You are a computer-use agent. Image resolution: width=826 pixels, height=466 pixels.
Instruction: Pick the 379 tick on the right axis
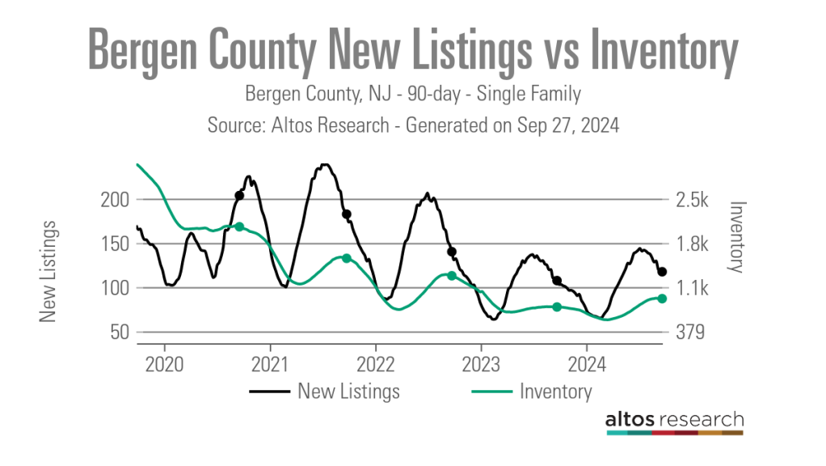coord(689,333)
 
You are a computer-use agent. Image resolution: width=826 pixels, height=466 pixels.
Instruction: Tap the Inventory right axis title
coord(736,237)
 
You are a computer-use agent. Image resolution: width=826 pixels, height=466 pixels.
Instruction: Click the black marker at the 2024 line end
coord(662,272)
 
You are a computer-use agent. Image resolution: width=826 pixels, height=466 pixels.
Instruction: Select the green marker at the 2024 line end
coord(662,299)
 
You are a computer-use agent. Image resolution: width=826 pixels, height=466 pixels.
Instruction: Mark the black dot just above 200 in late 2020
coord(239,196)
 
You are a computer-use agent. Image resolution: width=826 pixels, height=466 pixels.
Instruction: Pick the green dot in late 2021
coord(347,258)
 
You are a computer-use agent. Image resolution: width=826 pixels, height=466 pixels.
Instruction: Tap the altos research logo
coord(674,422)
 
